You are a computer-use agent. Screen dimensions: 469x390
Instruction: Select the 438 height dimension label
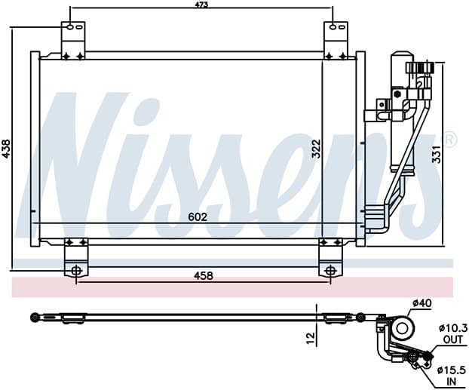coord(6,149)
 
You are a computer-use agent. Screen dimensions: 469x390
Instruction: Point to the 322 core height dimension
coord(316,149)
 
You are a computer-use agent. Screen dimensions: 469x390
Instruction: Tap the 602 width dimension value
coord(198,217)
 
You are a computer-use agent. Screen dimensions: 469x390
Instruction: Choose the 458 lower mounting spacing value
coord(204,275)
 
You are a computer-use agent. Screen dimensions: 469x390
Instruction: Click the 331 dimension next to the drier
coord(437,154)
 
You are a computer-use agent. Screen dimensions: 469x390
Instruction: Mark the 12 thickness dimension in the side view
coord(311,338)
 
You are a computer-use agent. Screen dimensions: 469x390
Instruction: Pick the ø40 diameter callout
coord(422,303)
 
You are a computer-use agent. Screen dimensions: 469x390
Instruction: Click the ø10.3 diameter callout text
coord(453,328)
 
